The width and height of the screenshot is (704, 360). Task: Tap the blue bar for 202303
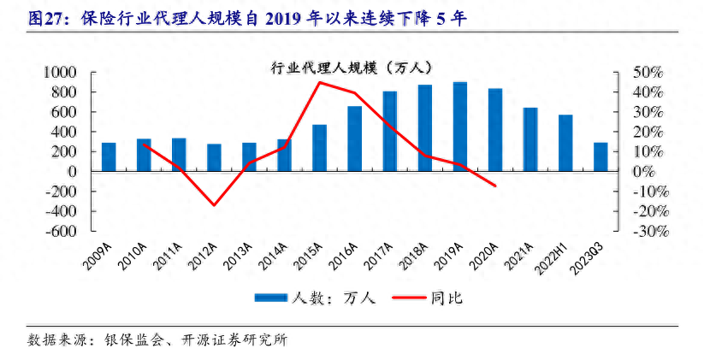(600, 156)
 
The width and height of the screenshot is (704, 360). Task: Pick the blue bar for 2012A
(214, 157)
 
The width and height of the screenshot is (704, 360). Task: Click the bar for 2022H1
(565, 143)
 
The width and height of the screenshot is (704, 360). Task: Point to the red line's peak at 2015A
(319, 82)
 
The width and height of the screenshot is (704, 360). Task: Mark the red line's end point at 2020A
(494, 186)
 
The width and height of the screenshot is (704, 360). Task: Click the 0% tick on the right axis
(644, 171)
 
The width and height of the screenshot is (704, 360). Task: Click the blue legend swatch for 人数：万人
(270, 298)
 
